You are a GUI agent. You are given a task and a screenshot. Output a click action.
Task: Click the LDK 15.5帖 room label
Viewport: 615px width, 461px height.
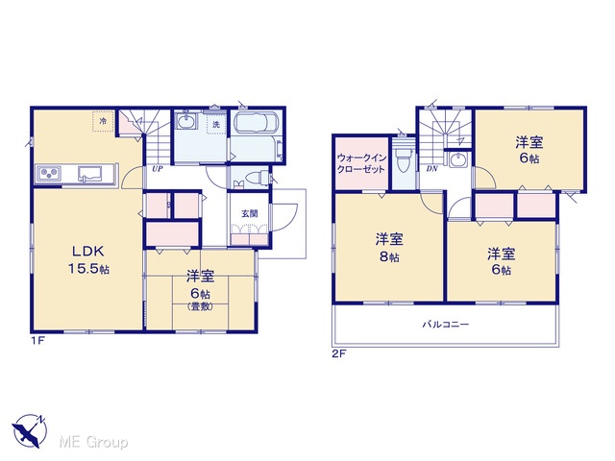pyautogui.click(x=89, y=260)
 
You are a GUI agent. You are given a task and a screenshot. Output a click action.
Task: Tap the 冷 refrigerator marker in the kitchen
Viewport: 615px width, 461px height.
pyautogui.click(x=103, y=121)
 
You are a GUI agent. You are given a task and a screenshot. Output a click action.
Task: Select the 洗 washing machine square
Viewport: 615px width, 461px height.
pyautogui.click(x=216, y=125)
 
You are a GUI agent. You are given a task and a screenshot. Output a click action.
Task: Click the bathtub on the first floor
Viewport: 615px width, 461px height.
pyautogui.click(x=256, y=124)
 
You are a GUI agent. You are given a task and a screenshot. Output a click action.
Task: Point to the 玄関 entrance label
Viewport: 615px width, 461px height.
pyautogui.click(x=250, y=213)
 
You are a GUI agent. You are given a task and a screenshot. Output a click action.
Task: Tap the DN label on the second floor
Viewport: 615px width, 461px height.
pyautogui.click(x=431, y=169)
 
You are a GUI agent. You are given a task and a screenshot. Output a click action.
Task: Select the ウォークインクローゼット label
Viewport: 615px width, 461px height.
pyautogui.click(x=361, y=163)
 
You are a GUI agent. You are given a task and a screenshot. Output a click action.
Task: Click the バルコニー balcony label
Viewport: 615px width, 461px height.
pyautogui.click(x=446, y=325)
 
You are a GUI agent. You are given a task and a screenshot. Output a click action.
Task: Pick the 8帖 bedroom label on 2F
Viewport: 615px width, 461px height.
pyautogui.click(x=389, y=248)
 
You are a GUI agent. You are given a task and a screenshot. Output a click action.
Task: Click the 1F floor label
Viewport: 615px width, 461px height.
pyautogui.click(x=38, y=341)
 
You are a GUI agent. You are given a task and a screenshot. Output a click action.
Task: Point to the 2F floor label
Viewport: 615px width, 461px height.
pyautogui.click(x=339, y=354)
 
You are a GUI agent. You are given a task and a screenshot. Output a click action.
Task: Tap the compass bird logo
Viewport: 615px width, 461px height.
pyautogui.click(x=30, y=431)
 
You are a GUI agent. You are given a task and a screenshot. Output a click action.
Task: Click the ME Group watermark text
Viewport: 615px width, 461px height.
pyautogui.click(x=93, y=443)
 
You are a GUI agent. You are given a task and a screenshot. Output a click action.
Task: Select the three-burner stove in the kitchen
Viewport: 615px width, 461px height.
pyautogui.click(x=49, y=173)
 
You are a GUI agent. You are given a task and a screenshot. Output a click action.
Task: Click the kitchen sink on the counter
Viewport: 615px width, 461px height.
pyautogui.click(x=89, y=174)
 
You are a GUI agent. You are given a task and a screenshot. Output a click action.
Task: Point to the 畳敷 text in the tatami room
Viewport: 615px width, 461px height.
pyautogui.click(x=201, y=307)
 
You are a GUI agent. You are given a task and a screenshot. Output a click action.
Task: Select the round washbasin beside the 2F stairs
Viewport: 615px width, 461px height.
pyautogui.click(x=457, y=160)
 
